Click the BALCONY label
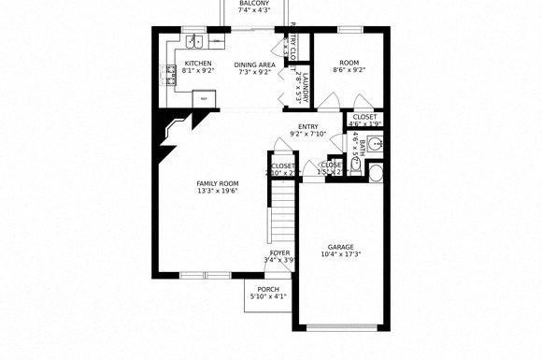point(254,4)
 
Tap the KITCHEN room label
point(197,64)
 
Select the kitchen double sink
point(193,41)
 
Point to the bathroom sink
point(375,144)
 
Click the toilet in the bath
point(376,172)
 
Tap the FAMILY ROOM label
point(217,183)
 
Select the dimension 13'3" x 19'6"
point(217,192)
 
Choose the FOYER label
point(279,253)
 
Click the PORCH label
point(269,289)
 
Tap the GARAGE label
point(340,246)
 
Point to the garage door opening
point(340,327)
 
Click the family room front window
point(203,275)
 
